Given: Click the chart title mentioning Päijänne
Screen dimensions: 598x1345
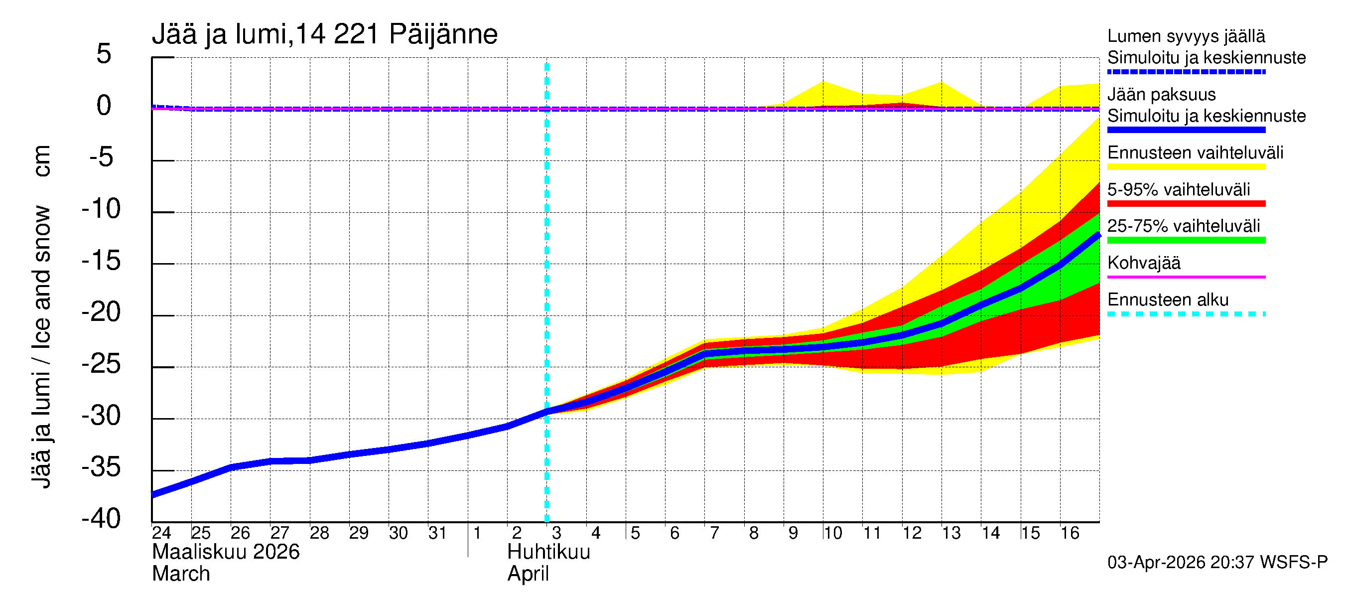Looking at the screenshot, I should click(324, 34).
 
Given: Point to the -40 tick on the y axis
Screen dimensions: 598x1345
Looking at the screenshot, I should click(101, 519).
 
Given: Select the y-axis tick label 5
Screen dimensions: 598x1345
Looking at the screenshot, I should click(104, 54).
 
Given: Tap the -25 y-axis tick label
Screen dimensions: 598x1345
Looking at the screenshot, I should click(101, 364).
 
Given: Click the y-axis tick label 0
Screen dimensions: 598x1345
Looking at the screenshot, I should click(104, 106).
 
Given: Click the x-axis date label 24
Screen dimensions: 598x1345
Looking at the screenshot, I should click(161, 533).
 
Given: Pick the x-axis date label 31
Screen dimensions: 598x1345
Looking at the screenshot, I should click(437, 533).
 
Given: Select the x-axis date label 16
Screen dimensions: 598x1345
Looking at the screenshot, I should click(1070, 533).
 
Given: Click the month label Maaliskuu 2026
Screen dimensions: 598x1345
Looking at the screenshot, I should click(226, 552).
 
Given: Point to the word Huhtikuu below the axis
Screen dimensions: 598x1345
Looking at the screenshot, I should click(548, 552).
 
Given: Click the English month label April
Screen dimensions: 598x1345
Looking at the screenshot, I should click(528, 574).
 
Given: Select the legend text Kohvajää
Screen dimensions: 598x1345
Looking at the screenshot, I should click(1143, 263).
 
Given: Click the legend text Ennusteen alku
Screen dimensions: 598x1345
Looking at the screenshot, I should click(1168, 300).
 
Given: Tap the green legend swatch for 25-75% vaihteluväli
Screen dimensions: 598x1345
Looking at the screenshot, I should click(1186, 240).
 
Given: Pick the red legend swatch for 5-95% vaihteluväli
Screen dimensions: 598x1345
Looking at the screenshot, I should click(1186, 204).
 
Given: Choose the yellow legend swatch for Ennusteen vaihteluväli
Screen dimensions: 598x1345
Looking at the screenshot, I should click(1186, 167).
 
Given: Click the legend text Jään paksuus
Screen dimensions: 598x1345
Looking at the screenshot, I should click(1161, 95).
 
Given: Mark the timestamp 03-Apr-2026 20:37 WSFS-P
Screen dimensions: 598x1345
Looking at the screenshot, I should click(1217, 563).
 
